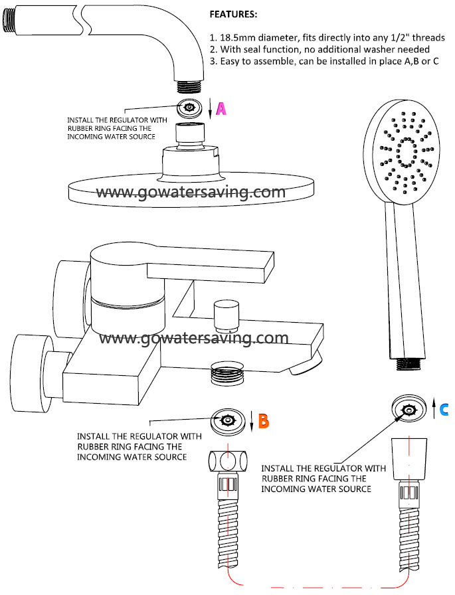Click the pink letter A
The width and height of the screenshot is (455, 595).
221,109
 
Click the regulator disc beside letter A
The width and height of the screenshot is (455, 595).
190,108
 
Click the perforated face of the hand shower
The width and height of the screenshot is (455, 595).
402,153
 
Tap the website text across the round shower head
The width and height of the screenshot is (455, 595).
191,192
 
